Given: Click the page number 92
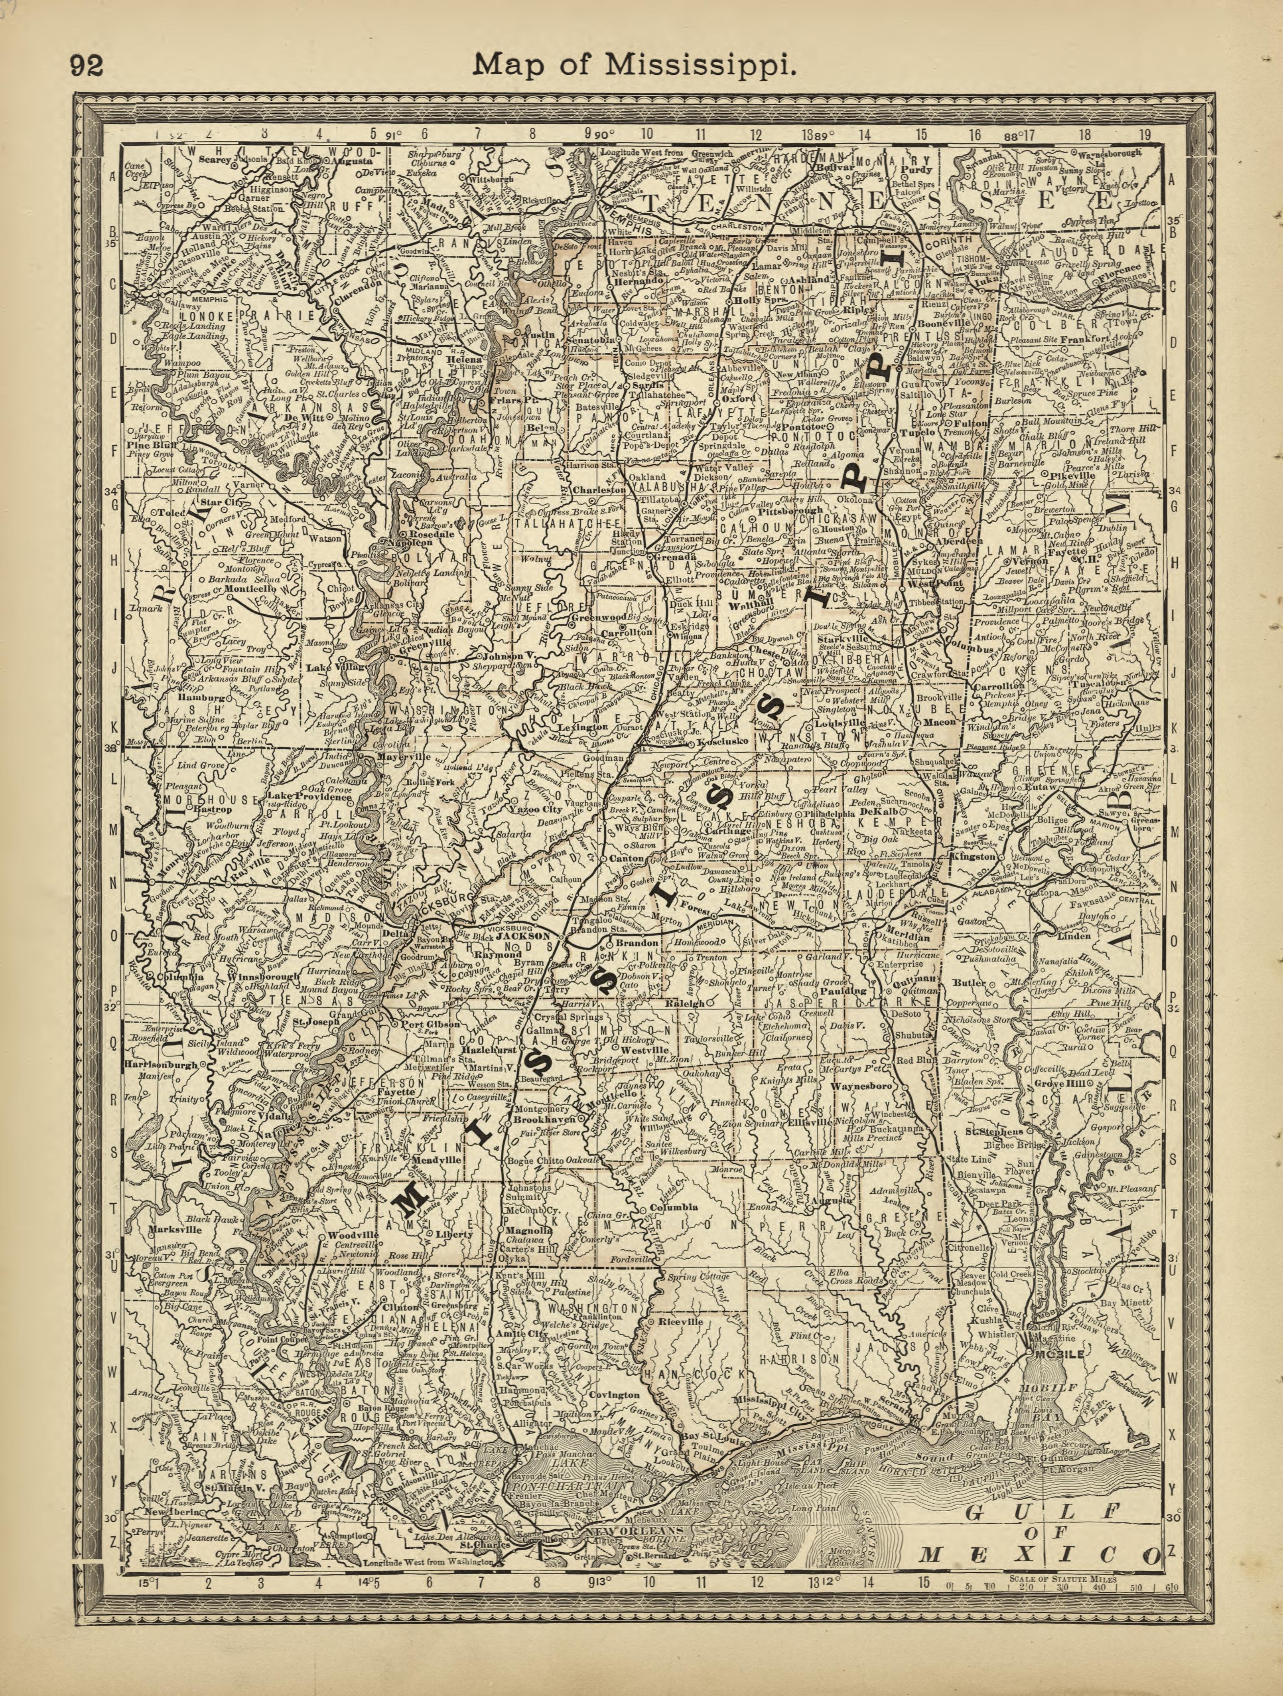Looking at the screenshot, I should click(x=87, y=67).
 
